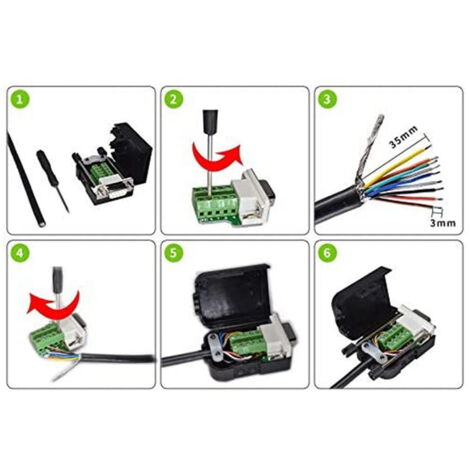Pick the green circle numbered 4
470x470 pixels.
pyautogui.click(x=20, y=254)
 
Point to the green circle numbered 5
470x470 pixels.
pyautogui.click(x=174, y=254)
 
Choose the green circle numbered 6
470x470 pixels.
pyautogui.click(x=327, y=254)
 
